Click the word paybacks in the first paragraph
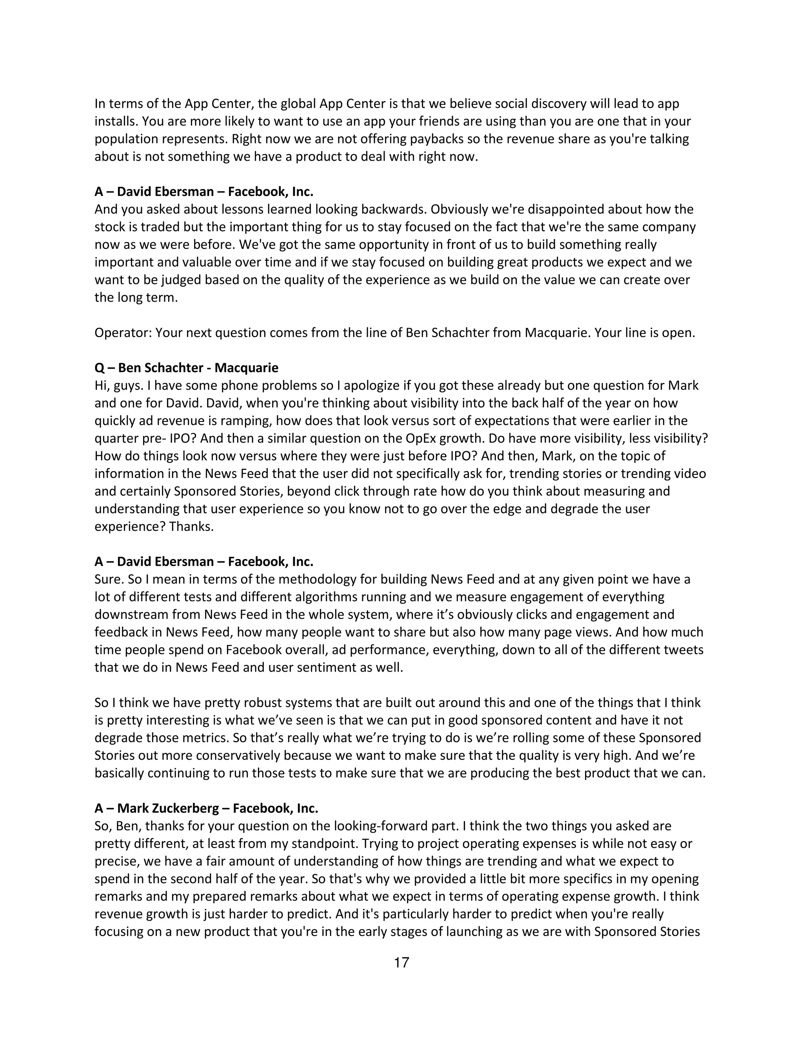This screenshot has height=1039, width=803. [x=437, y=139]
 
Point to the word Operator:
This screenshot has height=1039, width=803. [x=123, y=332]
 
